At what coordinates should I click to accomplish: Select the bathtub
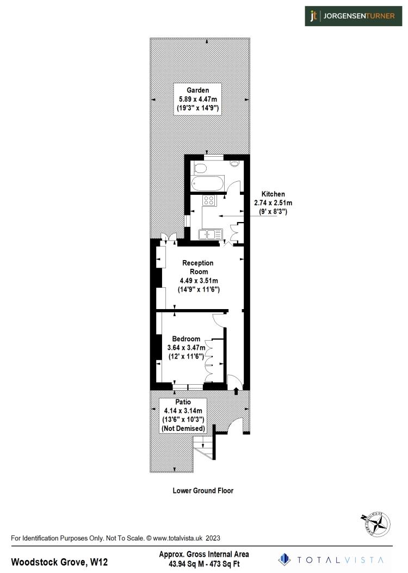(207, 183)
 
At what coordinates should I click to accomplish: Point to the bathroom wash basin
(234, 163)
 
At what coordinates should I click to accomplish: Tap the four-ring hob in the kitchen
(209, 200)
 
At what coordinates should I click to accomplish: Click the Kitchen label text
(273, 194)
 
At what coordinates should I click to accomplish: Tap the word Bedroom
(186, 338)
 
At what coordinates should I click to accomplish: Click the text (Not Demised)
(183, 429)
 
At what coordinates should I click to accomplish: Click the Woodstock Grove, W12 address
(59, 561)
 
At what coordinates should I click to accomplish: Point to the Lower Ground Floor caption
(203, 490)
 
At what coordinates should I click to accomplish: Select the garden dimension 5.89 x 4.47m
(197, 99)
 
